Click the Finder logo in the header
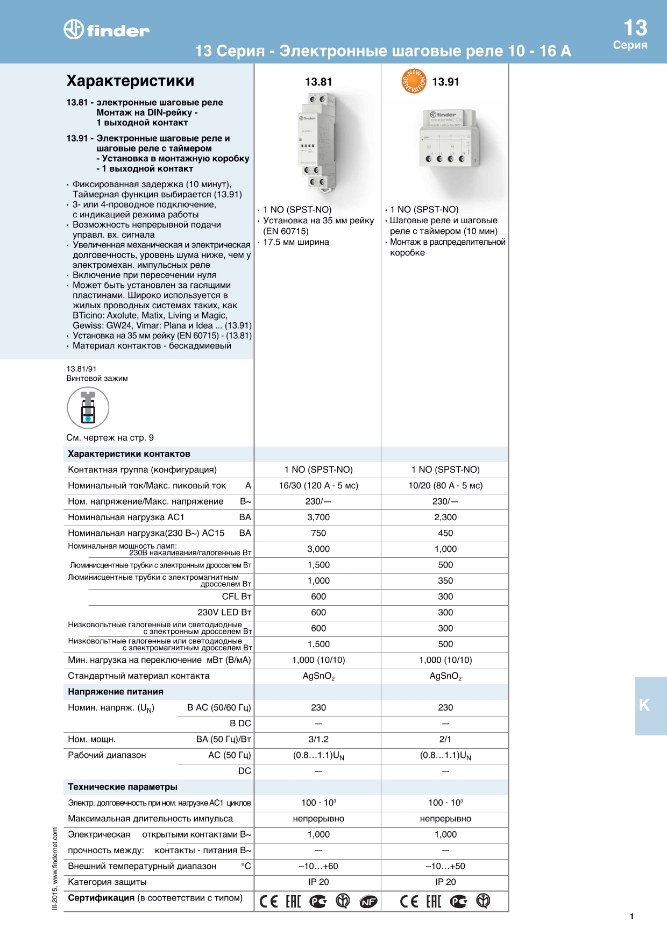coord(107,30)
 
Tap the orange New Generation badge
coord(414,81)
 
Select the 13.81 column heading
coord(318,82)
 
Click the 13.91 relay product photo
coord(447,138)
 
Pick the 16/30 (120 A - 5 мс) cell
coord(318,486)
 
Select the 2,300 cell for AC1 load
coord(445,517)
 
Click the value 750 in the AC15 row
coord(318,533)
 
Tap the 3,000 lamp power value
coord(318,549)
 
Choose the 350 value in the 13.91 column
coord(445,581)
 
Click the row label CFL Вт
coord(237,597)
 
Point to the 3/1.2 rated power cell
coord(318,740)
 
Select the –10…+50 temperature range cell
coord(445,867)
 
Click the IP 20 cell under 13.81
coord(318,882)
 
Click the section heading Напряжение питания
coord(116,692)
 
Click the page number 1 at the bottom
coord(631,916)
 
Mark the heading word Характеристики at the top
coord(130,81)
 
